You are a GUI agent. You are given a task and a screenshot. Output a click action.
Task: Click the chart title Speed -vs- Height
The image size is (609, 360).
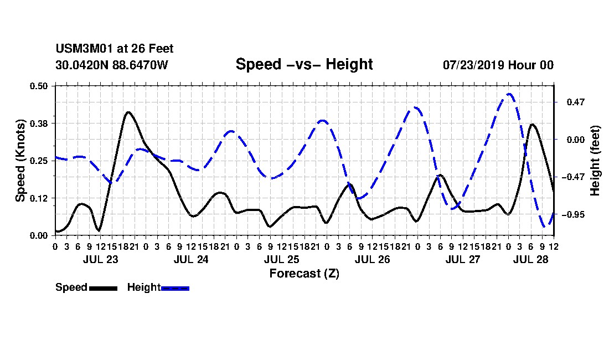click(x=304, y=64)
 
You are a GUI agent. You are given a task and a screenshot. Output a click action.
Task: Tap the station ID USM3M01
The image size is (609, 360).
click(x=84, y=49)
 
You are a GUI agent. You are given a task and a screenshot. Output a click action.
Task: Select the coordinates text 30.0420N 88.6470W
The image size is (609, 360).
click(x=111, y=65)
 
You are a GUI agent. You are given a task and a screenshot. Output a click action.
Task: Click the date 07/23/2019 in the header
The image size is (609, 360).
click(x=473, y=65)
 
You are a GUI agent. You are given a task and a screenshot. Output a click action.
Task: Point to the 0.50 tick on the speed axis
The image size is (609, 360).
click(x=38, y=86)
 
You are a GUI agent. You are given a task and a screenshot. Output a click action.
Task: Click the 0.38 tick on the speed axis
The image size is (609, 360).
click(x=38, y=124)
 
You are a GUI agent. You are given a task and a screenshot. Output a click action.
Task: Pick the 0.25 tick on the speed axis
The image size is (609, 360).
click(x=38, y=161)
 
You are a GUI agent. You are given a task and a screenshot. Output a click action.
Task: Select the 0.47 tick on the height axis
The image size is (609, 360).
click(x=576, y=102)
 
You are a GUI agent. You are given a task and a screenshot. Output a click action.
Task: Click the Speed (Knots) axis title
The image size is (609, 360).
click(x=20, y=161)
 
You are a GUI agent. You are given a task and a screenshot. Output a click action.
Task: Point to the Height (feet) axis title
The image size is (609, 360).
click(x=595, y=161)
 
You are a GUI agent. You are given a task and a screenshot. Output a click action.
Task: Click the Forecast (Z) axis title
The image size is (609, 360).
click(x=304, y=274)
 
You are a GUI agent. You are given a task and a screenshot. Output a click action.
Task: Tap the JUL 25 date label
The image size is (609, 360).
click(x=282, y=259)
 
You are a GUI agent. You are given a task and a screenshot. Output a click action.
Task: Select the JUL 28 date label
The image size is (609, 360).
click(x=530, y=259)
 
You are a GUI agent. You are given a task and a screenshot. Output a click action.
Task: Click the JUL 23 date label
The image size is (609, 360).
click(x=100, y=259)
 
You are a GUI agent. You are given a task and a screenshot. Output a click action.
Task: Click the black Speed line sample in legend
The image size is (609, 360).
click(x=103, y=288)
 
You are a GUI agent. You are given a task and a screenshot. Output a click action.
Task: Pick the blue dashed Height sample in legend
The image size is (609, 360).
click(x=175, y=288)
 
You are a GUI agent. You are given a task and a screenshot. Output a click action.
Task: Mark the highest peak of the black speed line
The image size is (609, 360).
click(x=128, y=112)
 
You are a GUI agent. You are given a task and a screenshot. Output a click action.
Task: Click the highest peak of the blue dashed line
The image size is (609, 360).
click(x=509, y=94)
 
